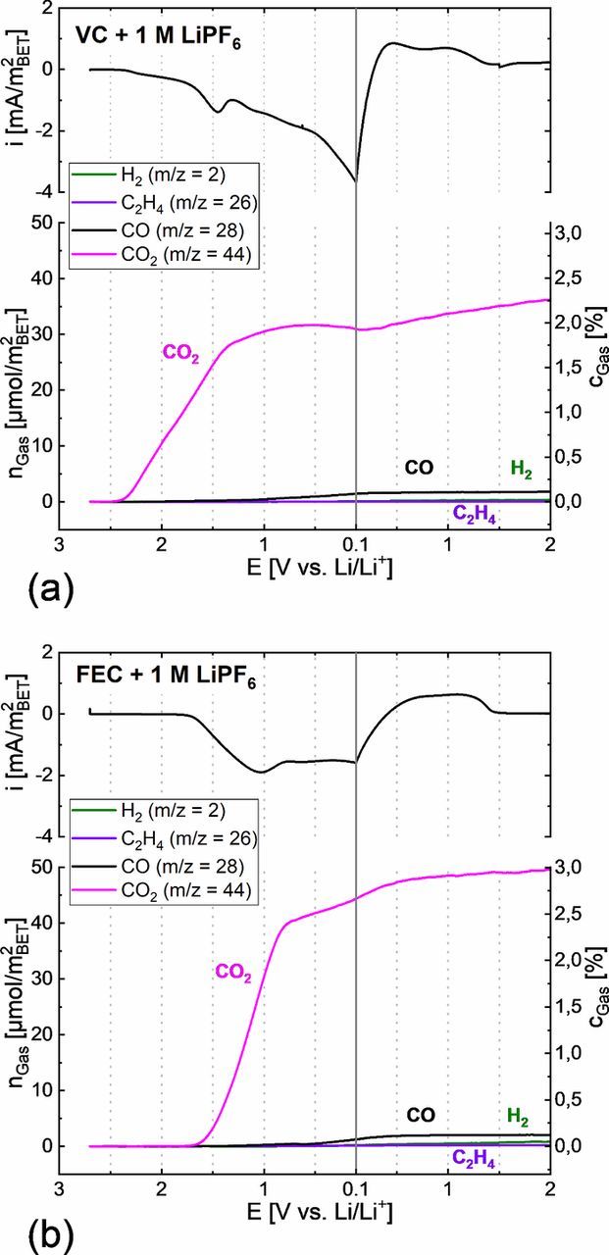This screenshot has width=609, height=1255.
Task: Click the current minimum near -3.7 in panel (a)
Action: tap(354, 180)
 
